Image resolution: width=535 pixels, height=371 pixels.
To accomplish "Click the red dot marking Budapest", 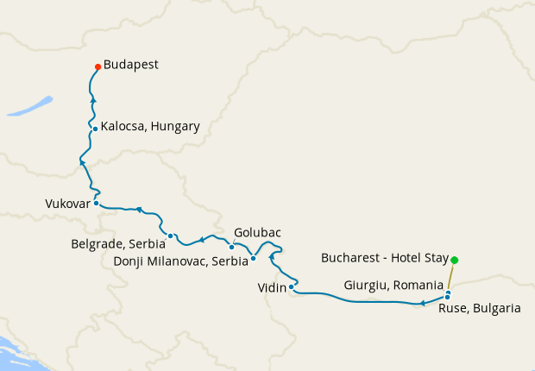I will [98, 67].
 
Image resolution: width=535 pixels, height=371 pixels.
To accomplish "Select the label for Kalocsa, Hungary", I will [149, 127].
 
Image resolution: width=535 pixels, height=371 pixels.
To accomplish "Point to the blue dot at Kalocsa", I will [95, 129].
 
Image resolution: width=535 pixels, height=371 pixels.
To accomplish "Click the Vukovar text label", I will [66, 204].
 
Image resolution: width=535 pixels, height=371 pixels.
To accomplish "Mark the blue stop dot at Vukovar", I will [96, 204].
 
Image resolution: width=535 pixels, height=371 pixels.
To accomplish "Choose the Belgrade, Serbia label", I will [117, 244].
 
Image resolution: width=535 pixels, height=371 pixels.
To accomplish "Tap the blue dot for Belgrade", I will [171, 236].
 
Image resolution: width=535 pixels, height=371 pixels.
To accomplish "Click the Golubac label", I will [257, 233].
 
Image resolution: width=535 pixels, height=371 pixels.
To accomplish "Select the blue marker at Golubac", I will [231, 247].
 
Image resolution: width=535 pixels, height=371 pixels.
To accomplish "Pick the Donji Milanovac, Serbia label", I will [181, 260].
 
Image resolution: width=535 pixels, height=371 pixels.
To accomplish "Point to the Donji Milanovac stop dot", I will [253, 258].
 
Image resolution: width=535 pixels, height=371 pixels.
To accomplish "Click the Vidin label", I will [271, 287].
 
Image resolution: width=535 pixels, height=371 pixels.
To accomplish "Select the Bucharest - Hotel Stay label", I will [384, 258].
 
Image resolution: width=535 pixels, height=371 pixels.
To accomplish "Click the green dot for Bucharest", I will [455, 260].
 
